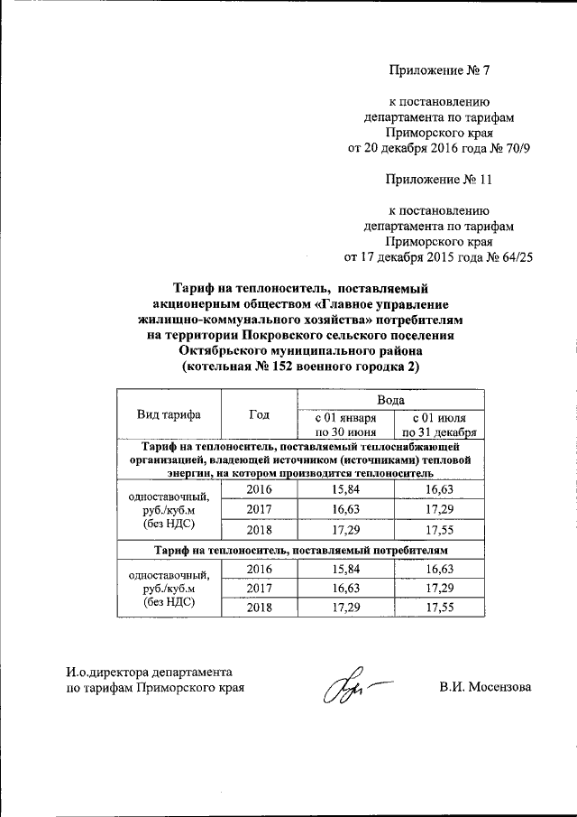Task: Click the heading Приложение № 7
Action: [438, 70]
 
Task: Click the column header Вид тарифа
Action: [169, 414]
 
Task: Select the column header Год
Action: [259, 414]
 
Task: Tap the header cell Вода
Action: [390, 399]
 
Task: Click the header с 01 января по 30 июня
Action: [343, 423]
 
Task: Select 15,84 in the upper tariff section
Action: [343, 489]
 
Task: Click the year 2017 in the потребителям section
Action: [259, 588]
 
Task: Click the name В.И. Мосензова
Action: [485, 688]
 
